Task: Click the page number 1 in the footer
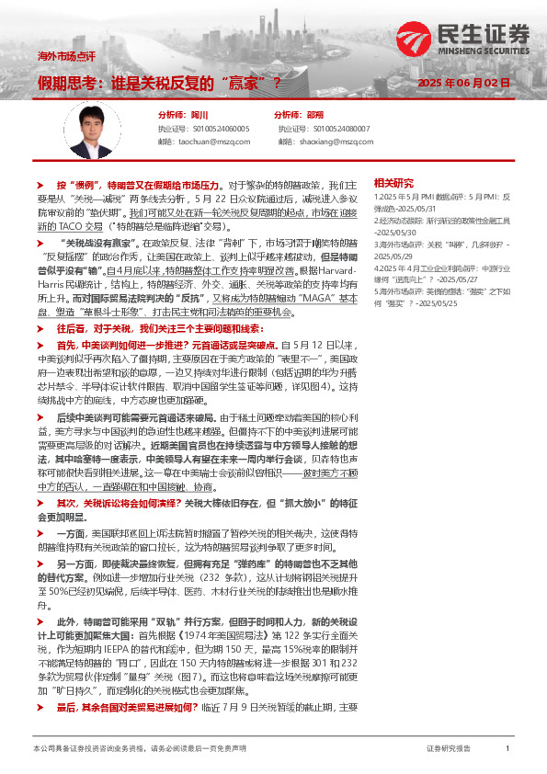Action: pos(507,749)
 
